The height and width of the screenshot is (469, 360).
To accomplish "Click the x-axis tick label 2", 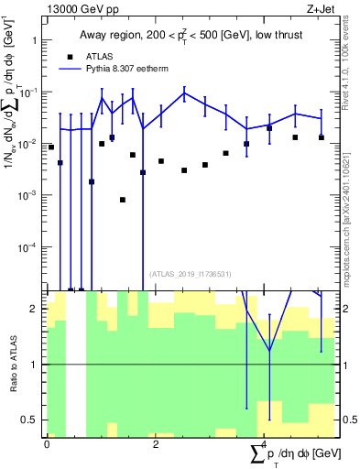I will (x=156, y=444).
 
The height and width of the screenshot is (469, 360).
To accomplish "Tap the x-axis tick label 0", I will (x=47, y=444).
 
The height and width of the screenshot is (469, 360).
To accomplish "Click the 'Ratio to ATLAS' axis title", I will (x=13, y=364).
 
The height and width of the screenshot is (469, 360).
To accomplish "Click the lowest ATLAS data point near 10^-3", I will (x=122, y=200).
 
